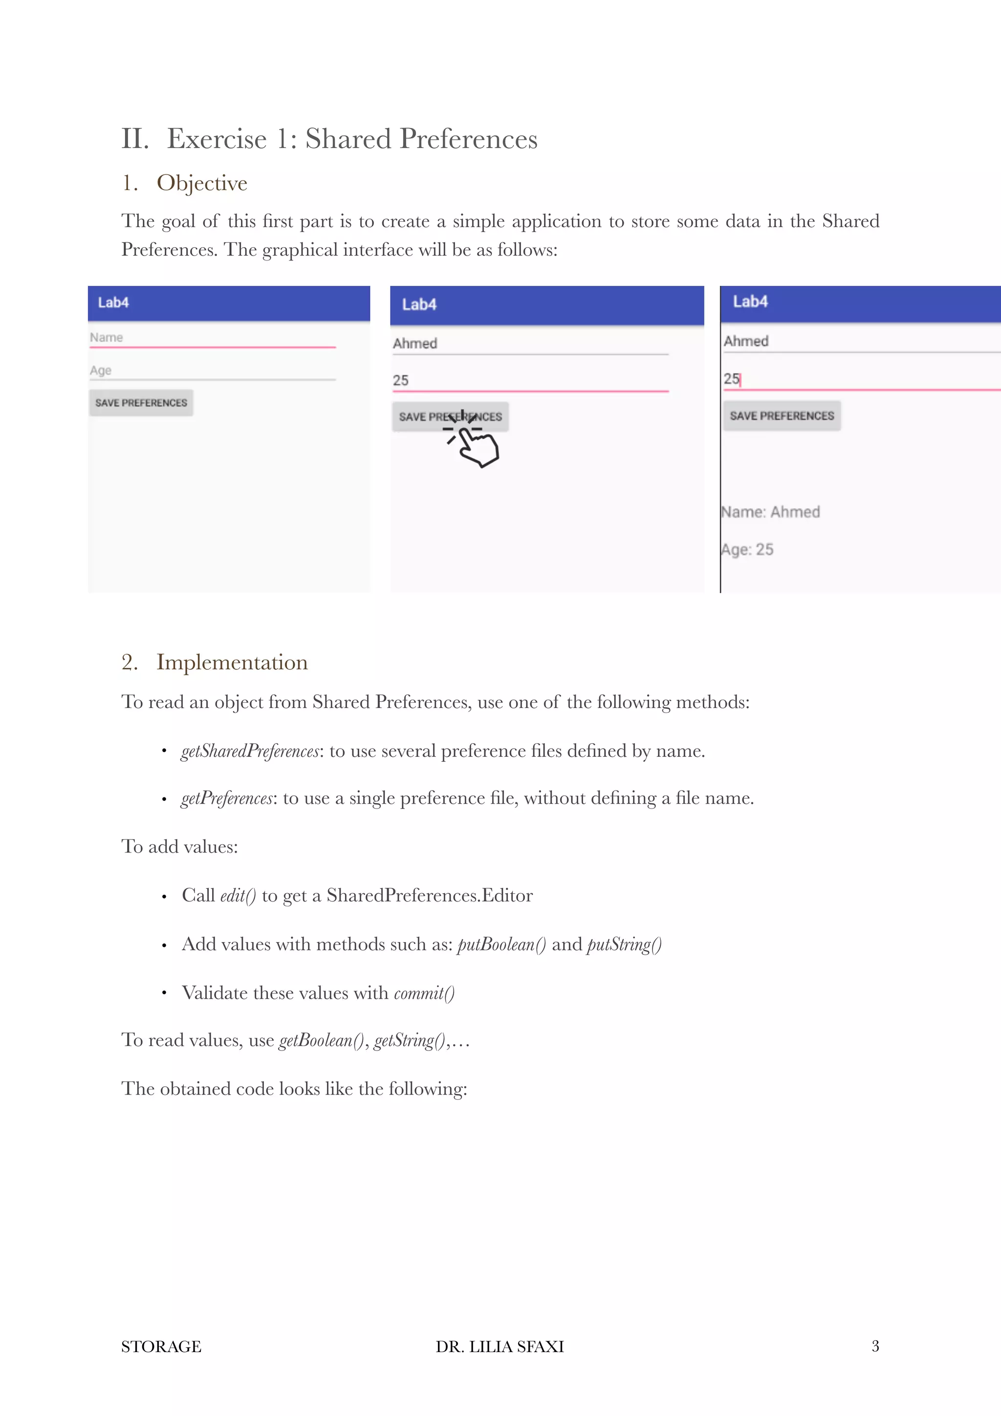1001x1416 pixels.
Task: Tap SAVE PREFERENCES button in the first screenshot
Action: (141, 403)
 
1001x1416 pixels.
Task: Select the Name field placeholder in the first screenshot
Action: (106, 337)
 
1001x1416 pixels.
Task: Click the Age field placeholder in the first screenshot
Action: (101, 370)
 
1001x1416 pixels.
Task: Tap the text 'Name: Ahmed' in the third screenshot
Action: (771, 512)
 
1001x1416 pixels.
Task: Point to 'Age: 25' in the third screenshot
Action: (747, 550)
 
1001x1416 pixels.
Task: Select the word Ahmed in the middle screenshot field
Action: (415, 343)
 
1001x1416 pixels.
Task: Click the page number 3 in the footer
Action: (874, 1346)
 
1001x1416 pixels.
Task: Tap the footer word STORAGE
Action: (161, 1346)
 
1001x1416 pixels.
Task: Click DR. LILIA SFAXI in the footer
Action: (500, 1346)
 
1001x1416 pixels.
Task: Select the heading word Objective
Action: (202, 183)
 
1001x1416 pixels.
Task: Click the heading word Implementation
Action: (232, 662)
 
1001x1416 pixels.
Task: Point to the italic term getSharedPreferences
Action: (250, 751)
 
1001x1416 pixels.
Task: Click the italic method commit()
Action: (424, 993)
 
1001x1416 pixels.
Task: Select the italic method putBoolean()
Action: (501, 944)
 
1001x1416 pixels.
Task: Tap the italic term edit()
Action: (238, 896)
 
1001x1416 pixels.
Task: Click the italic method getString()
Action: (410, 1040)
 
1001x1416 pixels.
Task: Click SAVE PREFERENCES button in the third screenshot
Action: (782, 416)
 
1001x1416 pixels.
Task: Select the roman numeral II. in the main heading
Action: (135, 139)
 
